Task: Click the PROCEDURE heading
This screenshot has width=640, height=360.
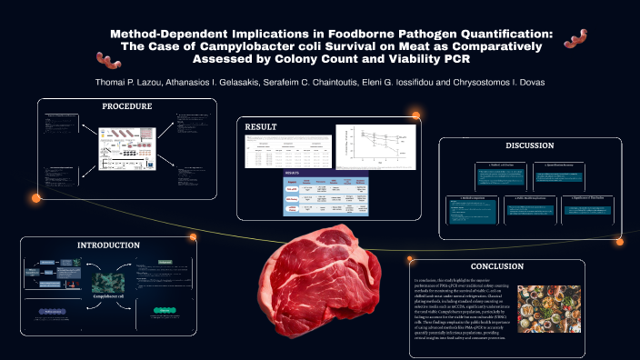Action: pyautogui.click(x=126, y=106)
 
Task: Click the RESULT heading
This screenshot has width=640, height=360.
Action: pyautogui.click(x=261, y=127)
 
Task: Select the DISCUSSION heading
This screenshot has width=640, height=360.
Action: pyautogui.click(x=529, y=145)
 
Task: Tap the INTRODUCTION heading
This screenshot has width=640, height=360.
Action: pyautogui.click(x=108, y=245)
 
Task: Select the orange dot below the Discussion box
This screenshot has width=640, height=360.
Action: pyautogui.click(x=619, y=242)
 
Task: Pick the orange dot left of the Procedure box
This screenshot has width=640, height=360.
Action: pyautogui.click(x=37, y=197)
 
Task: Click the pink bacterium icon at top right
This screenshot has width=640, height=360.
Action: pyautogui.click(x=576, y=37)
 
